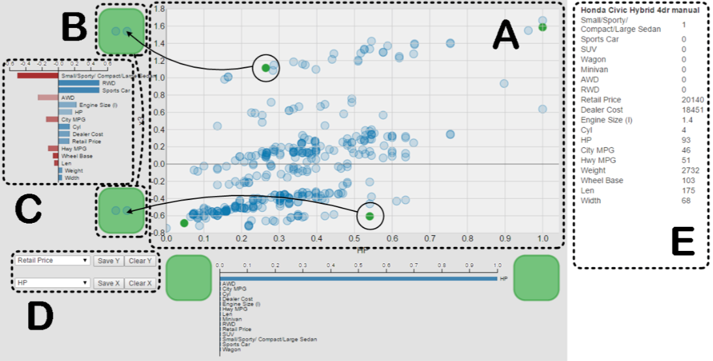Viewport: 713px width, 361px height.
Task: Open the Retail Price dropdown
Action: tap(52, 261)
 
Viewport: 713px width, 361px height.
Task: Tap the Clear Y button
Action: tap(140, 261)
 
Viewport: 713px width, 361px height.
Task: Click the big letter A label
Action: tap(506, 35)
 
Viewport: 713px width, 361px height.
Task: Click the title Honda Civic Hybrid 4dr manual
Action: tap(639, 10)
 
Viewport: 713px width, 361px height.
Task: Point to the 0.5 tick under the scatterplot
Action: tap(354, 239)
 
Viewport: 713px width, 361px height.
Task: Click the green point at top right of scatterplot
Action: tap(542, 27)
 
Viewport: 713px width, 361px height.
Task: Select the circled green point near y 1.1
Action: tap(265, 68)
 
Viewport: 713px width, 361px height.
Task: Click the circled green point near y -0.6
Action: tap(370, 216)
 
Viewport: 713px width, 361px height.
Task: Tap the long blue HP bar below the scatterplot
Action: tap(359, 278)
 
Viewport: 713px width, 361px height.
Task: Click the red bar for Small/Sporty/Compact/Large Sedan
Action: tap(37, 76)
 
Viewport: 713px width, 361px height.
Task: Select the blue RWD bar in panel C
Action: tap(78, 83)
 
